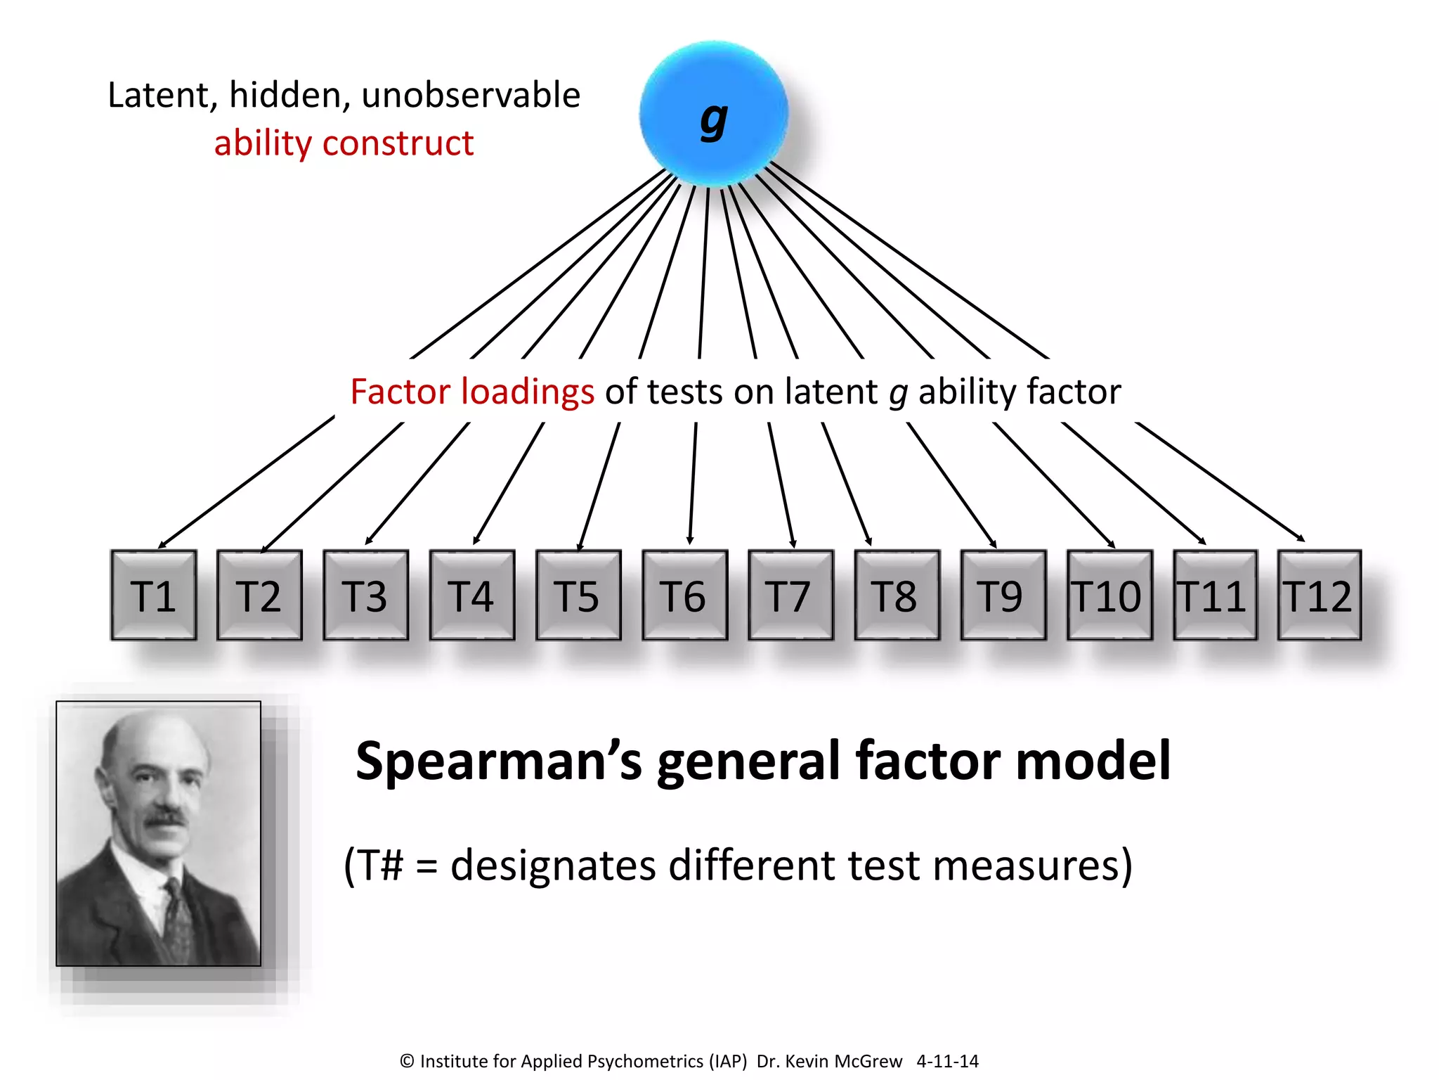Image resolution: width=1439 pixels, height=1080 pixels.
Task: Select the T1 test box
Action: (153, 595)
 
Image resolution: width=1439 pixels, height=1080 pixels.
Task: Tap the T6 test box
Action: (684, 595)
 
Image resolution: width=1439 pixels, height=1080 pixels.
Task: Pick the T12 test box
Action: (1319, 595)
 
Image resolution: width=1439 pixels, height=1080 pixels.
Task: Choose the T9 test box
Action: (1003, 595)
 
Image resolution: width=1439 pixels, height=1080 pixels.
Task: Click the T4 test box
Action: (471, 595)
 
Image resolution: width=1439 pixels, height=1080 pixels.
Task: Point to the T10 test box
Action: (1109, 595)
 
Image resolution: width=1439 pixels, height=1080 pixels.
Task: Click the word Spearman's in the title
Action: (498, 761)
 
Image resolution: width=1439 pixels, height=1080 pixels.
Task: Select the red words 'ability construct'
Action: (344, 143)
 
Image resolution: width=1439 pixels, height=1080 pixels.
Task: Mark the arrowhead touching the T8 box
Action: (869, 541)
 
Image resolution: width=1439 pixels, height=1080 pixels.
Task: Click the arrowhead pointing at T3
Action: (368, 541)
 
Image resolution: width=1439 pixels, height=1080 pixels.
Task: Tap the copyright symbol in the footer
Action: (407, 1061)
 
